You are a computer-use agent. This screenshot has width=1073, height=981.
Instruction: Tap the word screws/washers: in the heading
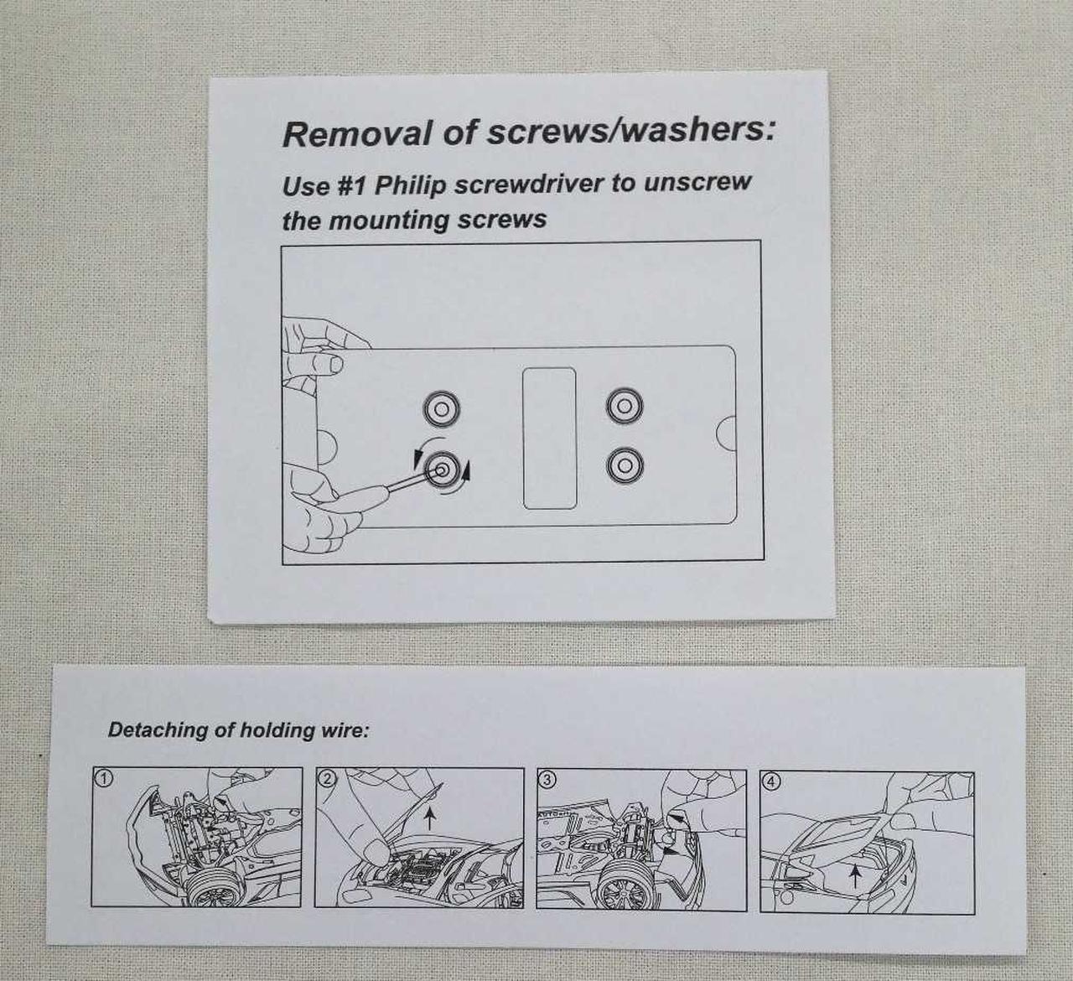pyautogui.click(x=630, y=131)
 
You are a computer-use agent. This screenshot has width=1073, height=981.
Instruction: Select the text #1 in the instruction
pyautogui.click(x=352, y=185)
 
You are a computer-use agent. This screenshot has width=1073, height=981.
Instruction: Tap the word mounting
pyautogui.click(x=388, y=220)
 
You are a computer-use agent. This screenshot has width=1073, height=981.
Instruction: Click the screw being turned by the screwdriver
pyautogui.click(x=442, y=470)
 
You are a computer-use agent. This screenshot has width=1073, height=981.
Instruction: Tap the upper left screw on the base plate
pyautogui.click(x=441, y=409)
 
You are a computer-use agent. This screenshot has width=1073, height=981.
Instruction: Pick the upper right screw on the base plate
pyautogui.click(x=625, y=406)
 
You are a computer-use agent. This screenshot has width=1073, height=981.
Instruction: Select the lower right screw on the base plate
pyautogui.click(x=625, y=465)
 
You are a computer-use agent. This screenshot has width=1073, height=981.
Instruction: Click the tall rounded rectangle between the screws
pyautogui.click(x=549, y=438)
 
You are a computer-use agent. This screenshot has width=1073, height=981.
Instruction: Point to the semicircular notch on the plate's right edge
pyautogui.click(x=725, y=433)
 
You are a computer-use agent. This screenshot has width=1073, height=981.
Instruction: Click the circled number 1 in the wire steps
pyautogui.click(x=103, y=778)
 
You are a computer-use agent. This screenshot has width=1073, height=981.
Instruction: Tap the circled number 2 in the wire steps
pyautogui.click(x=327, y=778)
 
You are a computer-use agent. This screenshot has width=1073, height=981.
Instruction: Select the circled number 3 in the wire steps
pyautogui.click(x=546, y=780)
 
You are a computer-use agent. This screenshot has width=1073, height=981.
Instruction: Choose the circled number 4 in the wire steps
pyautogui.click(x=770, y=782)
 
